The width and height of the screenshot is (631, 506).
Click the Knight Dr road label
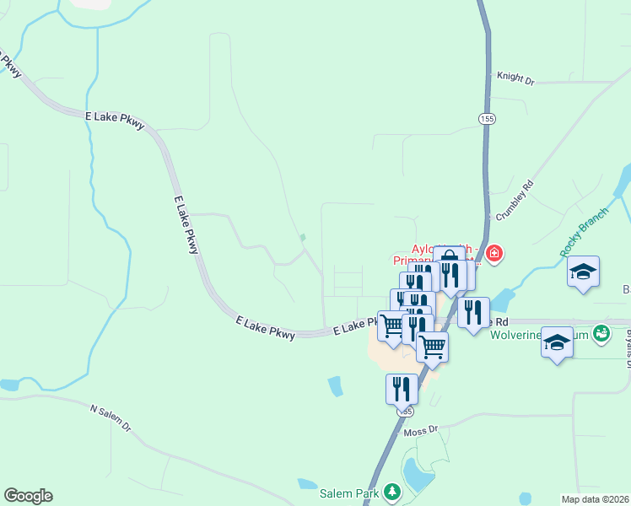(515, 77)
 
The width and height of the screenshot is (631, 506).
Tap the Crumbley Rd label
(515, 200)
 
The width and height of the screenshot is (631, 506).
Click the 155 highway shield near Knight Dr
(485, 117)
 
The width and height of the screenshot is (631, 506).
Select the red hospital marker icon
(493, 252)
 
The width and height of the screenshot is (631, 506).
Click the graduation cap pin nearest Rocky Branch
(583, 272)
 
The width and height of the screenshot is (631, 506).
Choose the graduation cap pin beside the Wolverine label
(557, 342)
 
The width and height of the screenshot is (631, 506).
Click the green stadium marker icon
(601, 333)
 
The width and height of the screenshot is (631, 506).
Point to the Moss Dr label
(422, 431)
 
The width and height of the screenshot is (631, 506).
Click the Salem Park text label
(349, 492)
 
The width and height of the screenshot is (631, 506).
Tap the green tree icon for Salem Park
(391, 491)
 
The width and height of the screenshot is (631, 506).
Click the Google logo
(28, 495)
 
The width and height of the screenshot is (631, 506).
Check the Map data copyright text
(595, 499)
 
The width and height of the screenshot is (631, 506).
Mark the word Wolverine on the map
(516, 334)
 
